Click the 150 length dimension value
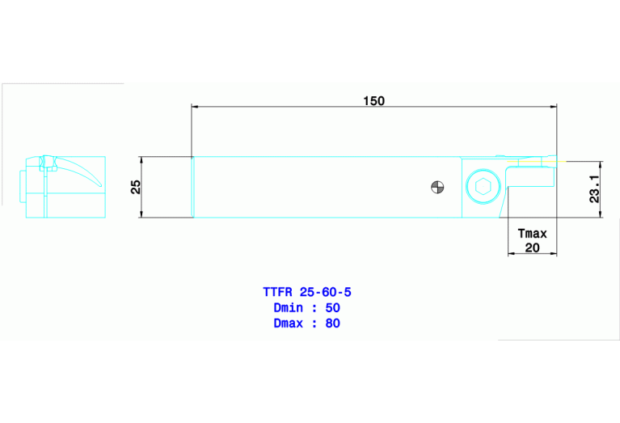373,101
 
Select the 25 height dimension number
136,187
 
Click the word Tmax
532,234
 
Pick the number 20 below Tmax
532,247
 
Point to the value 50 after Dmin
332,307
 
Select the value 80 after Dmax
332,324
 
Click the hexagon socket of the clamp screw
483,188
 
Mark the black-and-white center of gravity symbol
437,188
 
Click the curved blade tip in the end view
99,185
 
